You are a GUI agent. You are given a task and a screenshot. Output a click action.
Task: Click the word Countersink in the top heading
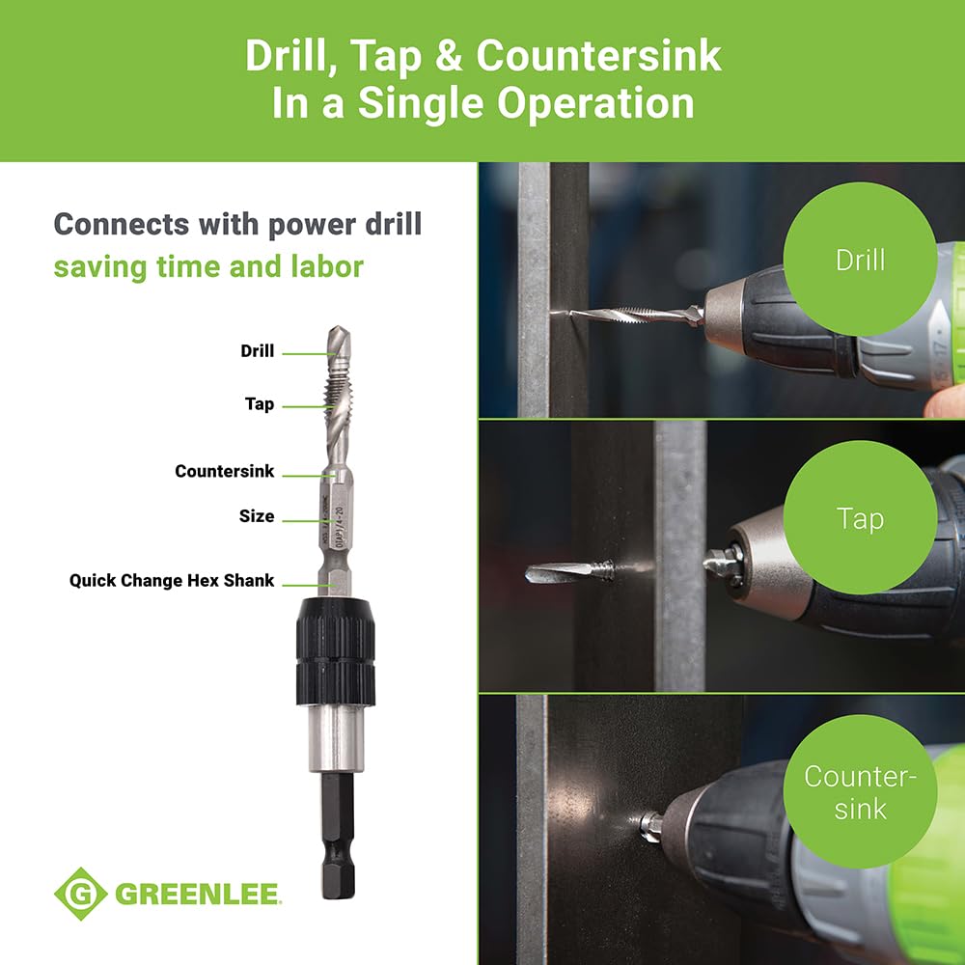click(x=598, y=57)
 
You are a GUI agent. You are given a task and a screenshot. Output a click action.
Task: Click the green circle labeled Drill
click(x=859, y=259)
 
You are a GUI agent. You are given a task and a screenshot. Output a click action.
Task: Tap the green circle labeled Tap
click(x=859, y=519)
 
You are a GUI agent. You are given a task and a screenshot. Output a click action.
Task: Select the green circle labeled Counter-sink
click(x=859, y=791)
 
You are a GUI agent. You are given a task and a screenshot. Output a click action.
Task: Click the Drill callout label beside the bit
click(x=258, y=351)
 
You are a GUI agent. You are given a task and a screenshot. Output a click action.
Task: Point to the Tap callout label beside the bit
click(x=259, y=404)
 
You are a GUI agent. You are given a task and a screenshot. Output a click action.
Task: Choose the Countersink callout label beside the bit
click(x=224, y=472)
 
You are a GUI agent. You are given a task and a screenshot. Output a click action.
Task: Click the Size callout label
click(x=257, y=516)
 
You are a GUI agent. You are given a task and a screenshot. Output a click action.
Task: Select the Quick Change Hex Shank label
click(x=172, y=581)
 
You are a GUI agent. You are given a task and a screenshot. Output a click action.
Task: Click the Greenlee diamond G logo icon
click(x=80, y=893)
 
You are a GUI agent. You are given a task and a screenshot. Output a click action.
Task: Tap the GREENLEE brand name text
click(x=198, y=894)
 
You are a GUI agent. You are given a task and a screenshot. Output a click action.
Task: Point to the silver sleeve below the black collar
click(x=335, y=737)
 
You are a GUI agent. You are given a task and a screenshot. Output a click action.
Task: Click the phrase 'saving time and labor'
click(x=208, y=266)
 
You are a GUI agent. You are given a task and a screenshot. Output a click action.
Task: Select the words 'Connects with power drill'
click(x=237, y=224)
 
